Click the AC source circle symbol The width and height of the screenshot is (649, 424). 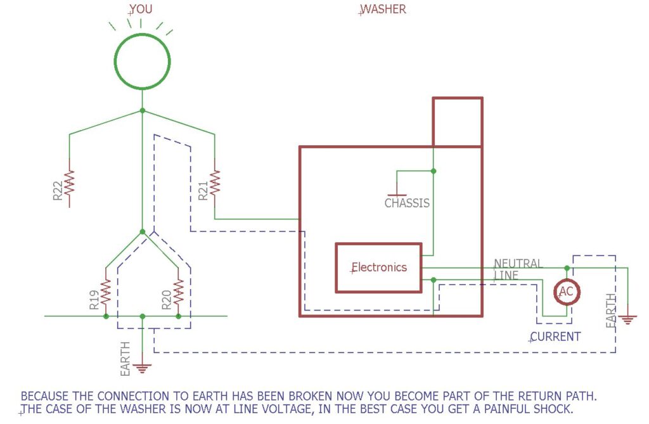pyautogui.click(x=567, y=291)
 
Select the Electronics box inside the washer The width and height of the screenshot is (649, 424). pyautogui.click(x=379, y=267)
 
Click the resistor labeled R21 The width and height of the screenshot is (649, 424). pyautogui.click(x=215, y=183)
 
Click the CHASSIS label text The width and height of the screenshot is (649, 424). pyautogui.click(x=407, y=203)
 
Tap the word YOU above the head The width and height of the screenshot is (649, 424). pyautogui.click(x=141, y=10)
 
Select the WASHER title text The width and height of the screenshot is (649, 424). pyautogui.click(x=383, y=10)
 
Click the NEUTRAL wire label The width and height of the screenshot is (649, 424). pyautogui.click(x=518, y=263)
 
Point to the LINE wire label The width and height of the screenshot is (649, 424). pyautogui.click(x=506, y=276)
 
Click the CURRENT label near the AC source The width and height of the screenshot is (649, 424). pyautogui.click(x=556, y=337)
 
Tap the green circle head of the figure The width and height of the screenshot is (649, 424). pyautogui.click(x=142, y=61)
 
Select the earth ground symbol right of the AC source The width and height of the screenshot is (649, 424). pyautogui.click(x=627, y=319)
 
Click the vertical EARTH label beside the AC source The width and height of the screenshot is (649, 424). pyautogui.click(x=611, y=311)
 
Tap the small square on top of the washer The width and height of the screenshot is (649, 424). pyautogui.click(x=457, y=122)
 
